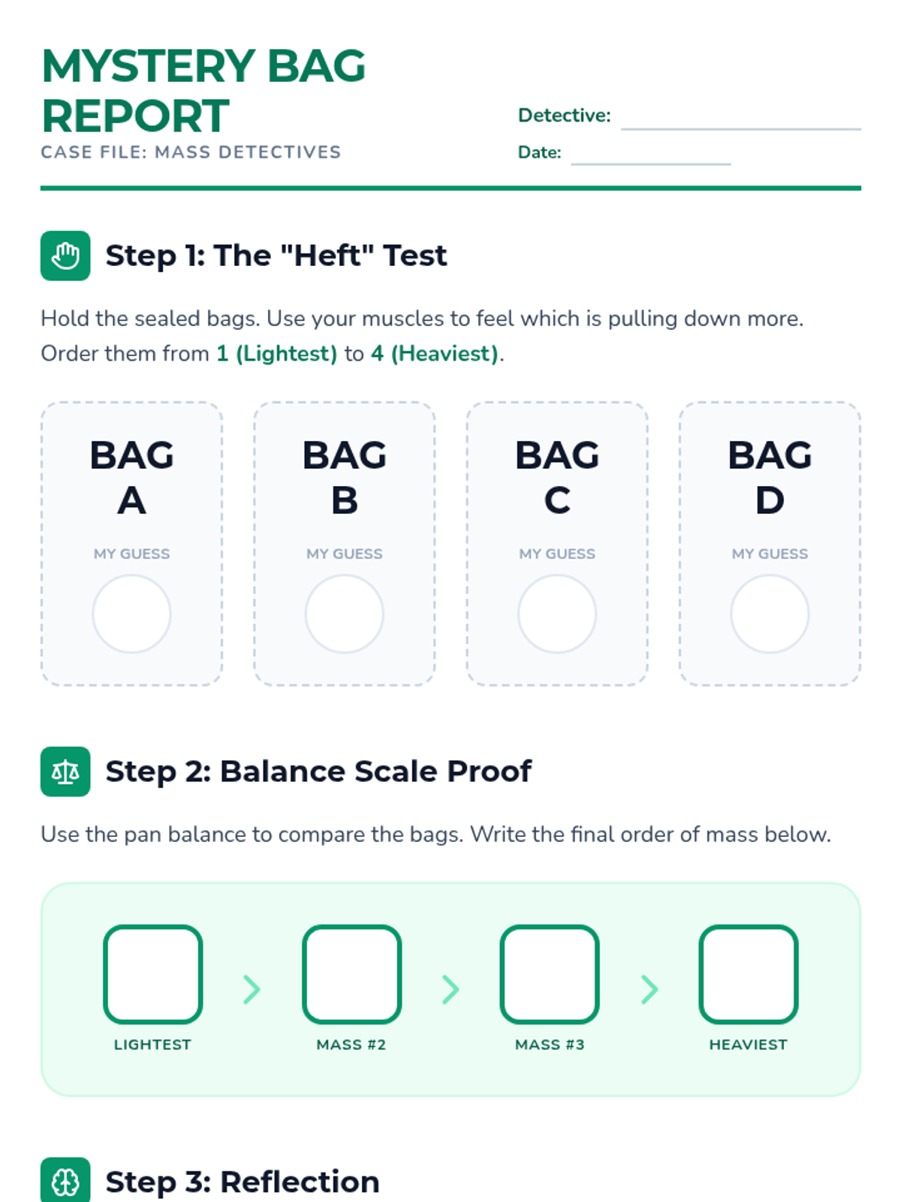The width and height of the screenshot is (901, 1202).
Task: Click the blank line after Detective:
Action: point(741,129)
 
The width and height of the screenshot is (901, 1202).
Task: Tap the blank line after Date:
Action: point(650,164)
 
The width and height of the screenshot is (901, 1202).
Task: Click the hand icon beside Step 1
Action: point(65,255)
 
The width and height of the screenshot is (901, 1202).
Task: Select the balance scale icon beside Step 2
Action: point(65,771)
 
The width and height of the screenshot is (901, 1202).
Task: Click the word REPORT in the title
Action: point(136,116)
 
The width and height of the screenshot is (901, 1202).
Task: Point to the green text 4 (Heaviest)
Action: point(435,354)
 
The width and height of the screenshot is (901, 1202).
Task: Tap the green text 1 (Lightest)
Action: point(277,354)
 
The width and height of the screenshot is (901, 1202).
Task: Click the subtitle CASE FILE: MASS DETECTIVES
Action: point(191,153)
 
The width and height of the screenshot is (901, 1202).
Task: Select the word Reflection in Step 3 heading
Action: point(300,1182)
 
